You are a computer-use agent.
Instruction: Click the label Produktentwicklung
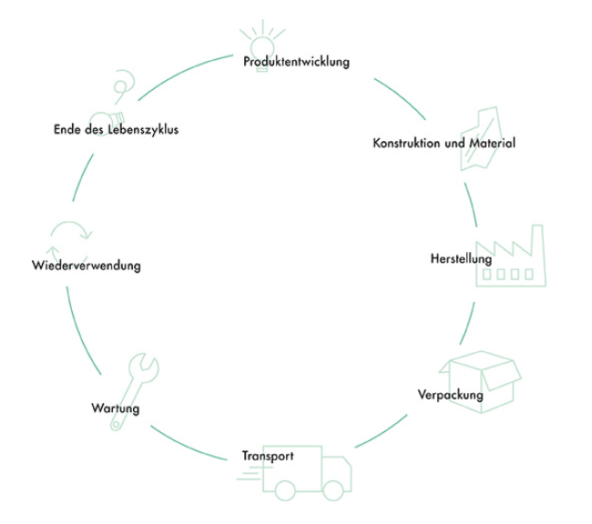297,62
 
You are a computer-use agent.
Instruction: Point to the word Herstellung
461,259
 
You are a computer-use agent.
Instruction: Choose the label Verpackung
451,395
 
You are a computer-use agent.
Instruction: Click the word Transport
268,456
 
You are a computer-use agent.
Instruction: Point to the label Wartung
116,408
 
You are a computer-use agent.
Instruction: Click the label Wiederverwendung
86,267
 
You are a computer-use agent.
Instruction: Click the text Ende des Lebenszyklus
116,129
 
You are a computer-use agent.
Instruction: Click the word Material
491,144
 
